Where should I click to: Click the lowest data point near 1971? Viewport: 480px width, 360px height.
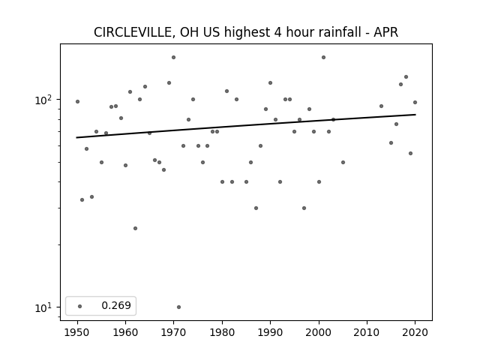pyautogui.click(x=178, y=307)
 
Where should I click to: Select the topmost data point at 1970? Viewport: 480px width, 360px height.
pyautogui.click(x=173, y=57)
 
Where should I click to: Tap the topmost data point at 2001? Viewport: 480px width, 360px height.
pyautogui.click(x=323, y=57)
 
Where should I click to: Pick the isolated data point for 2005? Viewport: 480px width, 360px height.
pyautogui.click(x=343, y=162)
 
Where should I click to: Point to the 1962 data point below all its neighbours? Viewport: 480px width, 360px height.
pyautogui.click(x=135, y=228)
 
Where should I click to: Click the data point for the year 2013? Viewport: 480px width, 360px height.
pyautogui.click(x=382, y=106)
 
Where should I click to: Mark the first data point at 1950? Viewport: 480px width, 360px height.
pyautogui.click(x=77, y=102)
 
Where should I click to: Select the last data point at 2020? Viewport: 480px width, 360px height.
pyautogui.click(x=415, y=102)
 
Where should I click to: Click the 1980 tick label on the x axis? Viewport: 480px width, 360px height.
pyautogui.click(x=222, y=332)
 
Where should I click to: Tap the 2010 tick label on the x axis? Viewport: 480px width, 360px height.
pyautogui.click(x=367, y=332)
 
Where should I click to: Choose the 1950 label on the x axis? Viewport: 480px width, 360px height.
pyautogui.click(x=77, y=332)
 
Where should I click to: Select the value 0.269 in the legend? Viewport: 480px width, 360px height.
pyautogui.click(x=116, y=305)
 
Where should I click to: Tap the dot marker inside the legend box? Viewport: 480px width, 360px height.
pyautogui.click(x=80, y=306)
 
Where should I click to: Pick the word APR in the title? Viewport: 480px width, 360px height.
pyautogui.click(x=386, y=32)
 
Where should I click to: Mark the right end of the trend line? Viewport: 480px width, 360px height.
pyautogui.click(x=415, y=115)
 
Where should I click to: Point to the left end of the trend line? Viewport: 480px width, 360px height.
pyautogui.click(x=76, y=137)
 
